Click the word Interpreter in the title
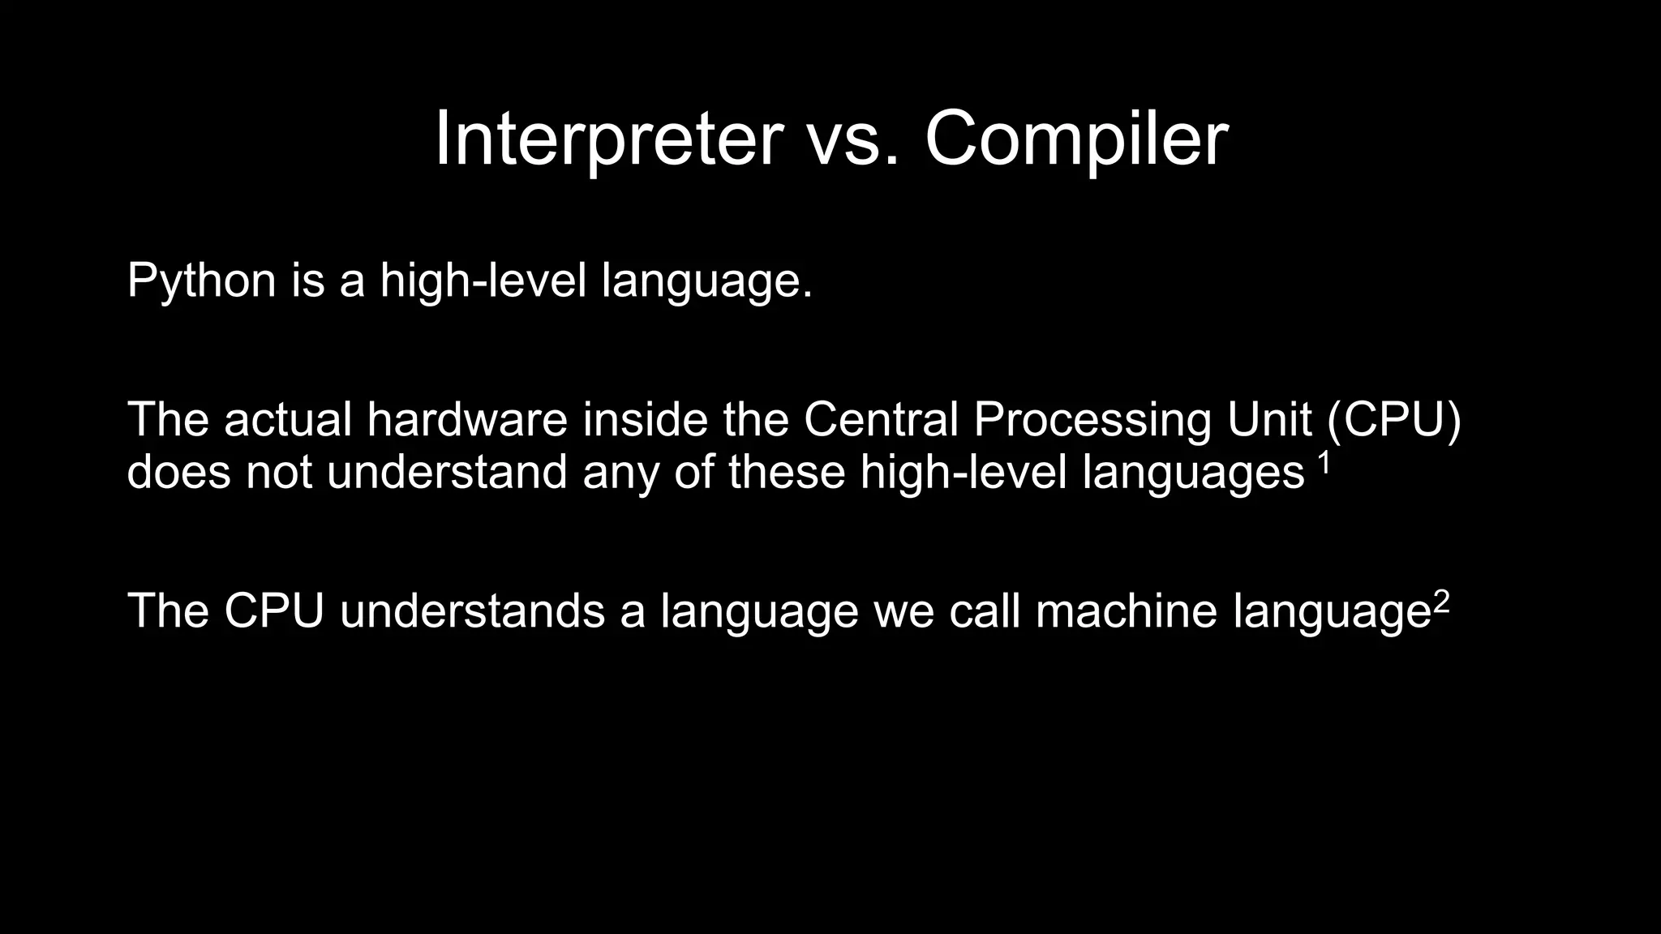click(608, 139)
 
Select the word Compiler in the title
click(1076, 139)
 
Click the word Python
click(202, 281)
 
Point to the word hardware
click(467, 420)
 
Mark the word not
click(278, 472)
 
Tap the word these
click(787, 472)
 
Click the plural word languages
click(1194, 472)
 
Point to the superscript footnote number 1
click(1324, 463)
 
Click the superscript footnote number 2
click(1440, 601)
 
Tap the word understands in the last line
click(472, 611)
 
